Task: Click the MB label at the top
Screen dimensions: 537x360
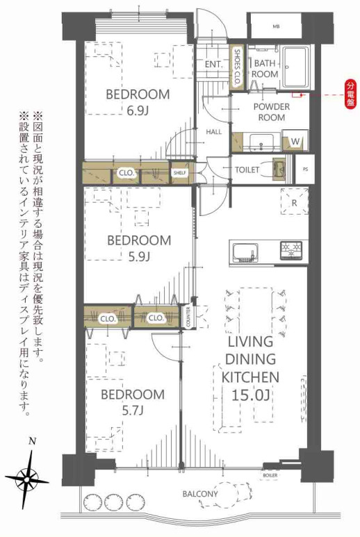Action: pyautogui.click(x=275, y=26)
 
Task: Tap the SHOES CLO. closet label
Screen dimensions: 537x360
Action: pyautogui.click(x=238, y=67)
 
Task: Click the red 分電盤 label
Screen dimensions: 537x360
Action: pyautogui.click(x=350, y=93)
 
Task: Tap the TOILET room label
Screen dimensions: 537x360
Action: pyautogui.click(x=247, y=170)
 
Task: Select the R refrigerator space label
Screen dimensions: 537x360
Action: pyautogui.click(x=294, y=204)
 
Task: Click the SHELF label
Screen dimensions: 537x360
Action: pyautogui.click(x=180, y=172)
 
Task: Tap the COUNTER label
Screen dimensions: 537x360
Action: pyautogui.click(x=188, y=317)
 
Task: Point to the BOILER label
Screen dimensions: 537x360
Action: pyautogui.click(x=270, y=475)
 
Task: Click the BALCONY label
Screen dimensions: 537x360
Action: pyautogui.click(x=200, y=494)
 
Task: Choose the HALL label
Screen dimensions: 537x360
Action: pyautogui.click(x=214, y=131)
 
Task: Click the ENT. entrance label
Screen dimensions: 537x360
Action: pyautogui.click(x=213, y=65)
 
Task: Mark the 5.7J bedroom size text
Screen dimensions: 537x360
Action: pyautogui.click(x=132, y=411)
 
